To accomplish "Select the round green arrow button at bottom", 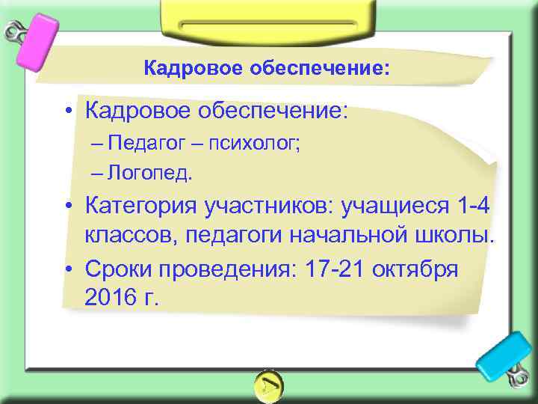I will [268, 385].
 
